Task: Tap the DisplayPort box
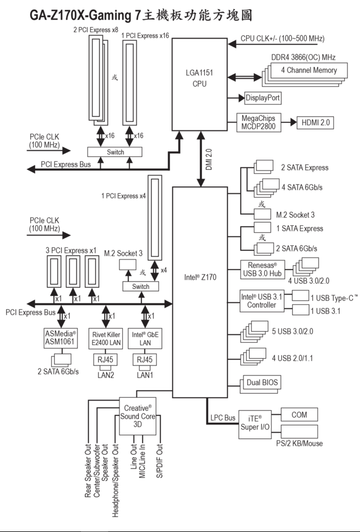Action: (x=263, y=98)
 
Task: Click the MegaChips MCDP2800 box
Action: (x=258, y=122)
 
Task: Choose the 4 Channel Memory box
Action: (x=308, y=70)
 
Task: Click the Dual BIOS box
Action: (x=262, y=383)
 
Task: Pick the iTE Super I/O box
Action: (x=256, y=423)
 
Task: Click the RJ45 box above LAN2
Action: (x=106, y=359)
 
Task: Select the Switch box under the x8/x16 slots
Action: (x=115, y=152)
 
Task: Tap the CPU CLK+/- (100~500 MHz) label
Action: (x=282, y=39)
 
